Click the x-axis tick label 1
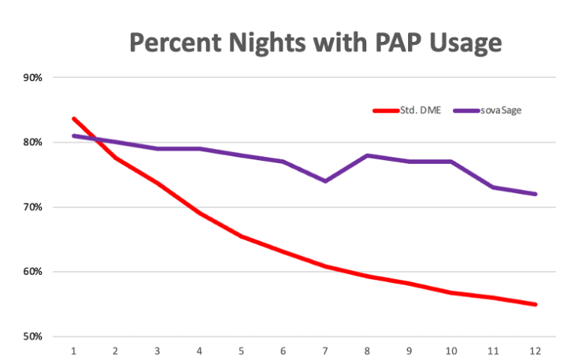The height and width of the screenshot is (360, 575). tap(73, 350)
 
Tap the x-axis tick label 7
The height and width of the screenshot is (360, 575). tap(325, 350)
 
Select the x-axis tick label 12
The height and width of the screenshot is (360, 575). tap(535, 350)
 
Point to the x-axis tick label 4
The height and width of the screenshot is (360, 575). tap(199, 350)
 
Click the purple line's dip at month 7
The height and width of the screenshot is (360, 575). tap(325, 181)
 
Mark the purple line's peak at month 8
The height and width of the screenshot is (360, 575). tap(367, 155)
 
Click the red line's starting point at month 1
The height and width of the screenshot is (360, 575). tap(73, 118)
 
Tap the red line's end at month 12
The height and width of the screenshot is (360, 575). tap(535, 305)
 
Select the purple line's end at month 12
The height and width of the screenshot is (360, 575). tap(535, 194)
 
